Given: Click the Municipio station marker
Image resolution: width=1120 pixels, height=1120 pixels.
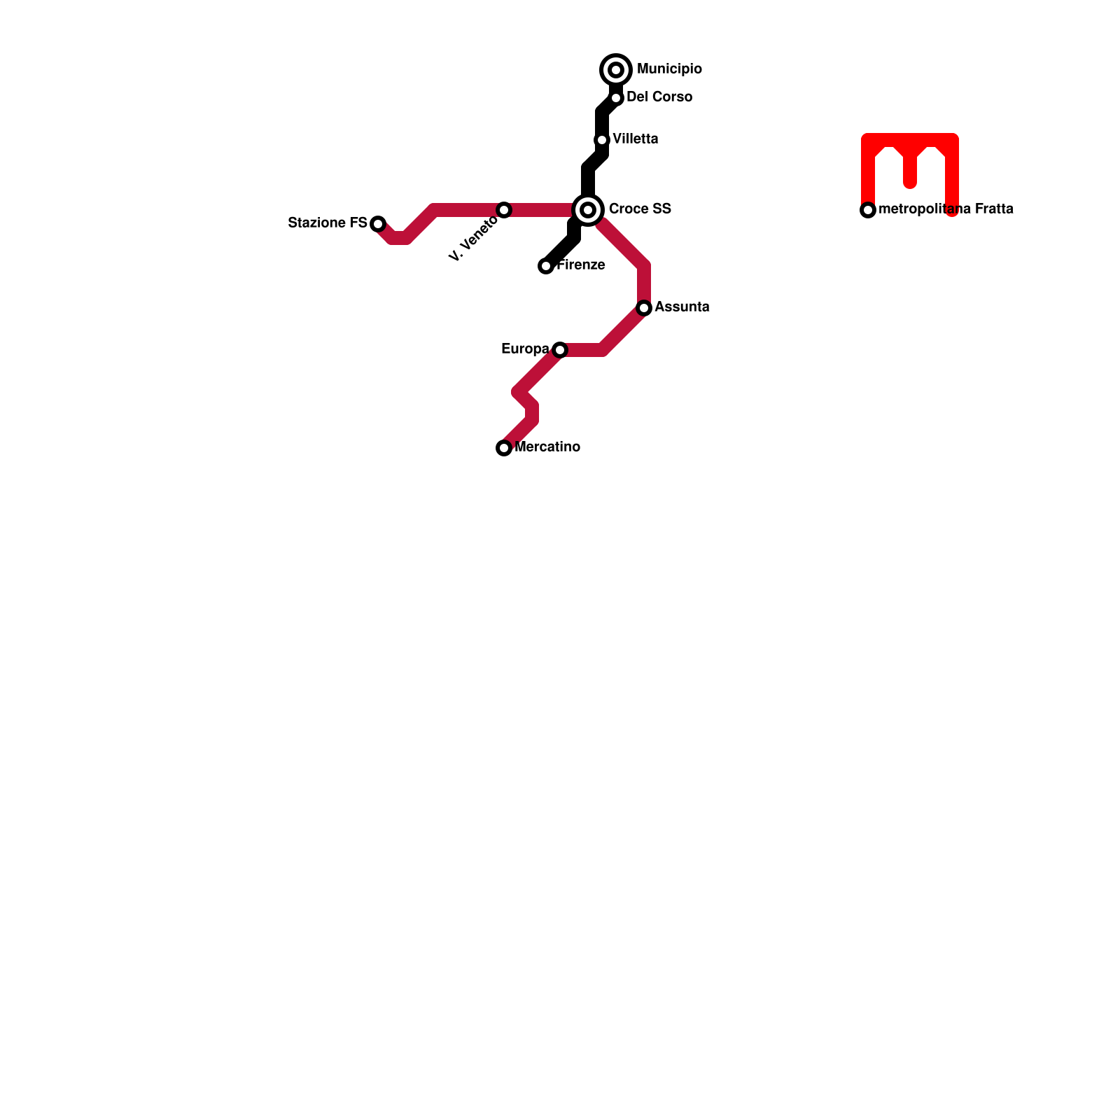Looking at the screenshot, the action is (616, 70).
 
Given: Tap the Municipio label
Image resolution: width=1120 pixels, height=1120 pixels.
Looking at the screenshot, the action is (669, 69).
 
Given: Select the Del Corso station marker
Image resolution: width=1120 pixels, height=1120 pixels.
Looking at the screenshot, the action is (616, 98).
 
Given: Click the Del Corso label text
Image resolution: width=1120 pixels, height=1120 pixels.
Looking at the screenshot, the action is (659, 97).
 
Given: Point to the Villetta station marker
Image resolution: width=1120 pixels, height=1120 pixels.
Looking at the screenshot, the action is (602, 140).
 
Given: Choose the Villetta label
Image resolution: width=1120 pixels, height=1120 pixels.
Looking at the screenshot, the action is (635, 139).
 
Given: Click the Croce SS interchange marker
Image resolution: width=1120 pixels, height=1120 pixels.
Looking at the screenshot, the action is (588, 210).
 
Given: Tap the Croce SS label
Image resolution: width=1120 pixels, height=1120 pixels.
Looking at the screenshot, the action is (640, 209).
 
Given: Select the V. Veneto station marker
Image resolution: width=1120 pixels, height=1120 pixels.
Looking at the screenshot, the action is (504, 210).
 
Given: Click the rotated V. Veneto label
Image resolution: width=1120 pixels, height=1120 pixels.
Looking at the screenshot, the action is (473, 239).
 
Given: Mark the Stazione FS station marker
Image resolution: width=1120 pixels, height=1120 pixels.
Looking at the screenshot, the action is (378, 224).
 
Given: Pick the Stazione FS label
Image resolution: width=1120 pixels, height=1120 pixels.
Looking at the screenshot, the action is (328, 223).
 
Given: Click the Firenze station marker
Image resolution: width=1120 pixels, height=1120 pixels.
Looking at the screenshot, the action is (546, 266).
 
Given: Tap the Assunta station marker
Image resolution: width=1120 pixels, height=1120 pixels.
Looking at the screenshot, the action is (644, 308).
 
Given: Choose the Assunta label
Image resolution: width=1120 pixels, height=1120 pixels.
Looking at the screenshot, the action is (682, 307).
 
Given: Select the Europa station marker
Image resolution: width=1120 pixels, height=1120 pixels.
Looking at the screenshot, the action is (559, 350).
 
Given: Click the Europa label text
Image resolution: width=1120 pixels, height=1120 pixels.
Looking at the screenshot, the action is (525, 349).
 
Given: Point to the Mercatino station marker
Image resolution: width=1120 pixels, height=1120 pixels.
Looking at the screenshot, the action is (504, 448).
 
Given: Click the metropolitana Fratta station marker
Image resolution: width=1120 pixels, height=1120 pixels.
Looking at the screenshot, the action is (868, 210).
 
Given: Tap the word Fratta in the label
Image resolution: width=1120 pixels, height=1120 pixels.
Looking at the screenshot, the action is (993, 209).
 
